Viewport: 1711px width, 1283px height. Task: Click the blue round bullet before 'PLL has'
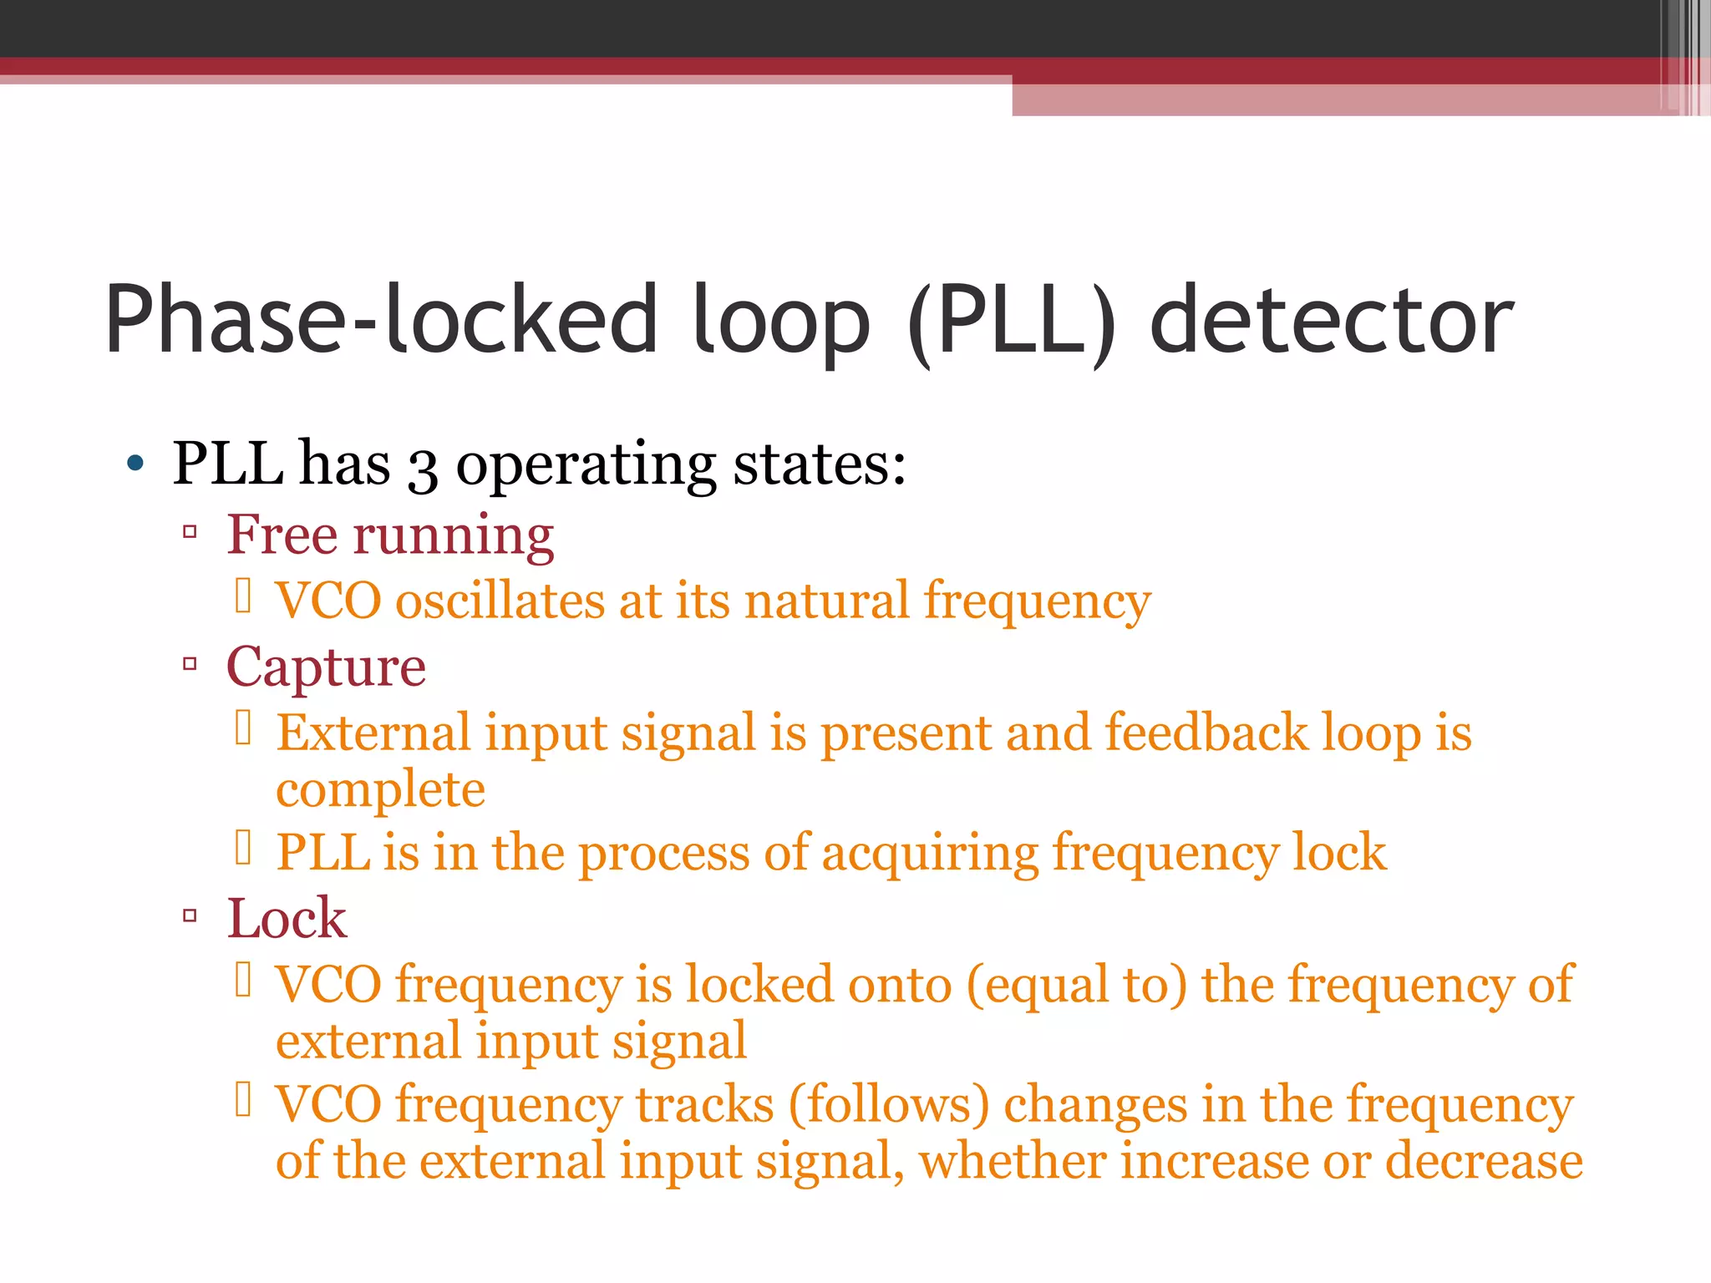point(135,463)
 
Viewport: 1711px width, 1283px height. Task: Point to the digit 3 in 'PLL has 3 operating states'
point(423,468)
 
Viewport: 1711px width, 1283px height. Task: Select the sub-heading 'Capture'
point(326,667)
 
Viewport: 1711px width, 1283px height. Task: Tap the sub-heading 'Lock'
point(287,918)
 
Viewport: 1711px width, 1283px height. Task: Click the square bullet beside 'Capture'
point(190,665)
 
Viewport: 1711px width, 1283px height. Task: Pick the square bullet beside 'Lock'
point(190,915)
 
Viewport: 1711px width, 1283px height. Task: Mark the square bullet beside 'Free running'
point(190,531)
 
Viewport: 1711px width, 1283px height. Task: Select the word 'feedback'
point(1206,733)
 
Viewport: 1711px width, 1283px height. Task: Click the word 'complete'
point(380,789)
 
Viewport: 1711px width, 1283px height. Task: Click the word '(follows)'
point(889,1104)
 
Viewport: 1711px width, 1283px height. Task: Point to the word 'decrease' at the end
point(1484,1161)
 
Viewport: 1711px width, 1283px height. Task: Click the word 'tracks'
point(705,1104)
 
